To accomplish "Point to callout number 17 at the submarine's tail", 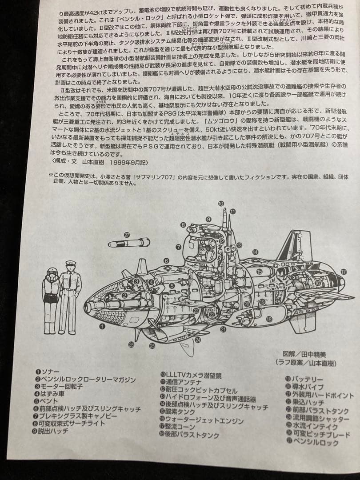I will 343,272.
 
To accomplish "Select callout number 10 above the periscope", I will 221,203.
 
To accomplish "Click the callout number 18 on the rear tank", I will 269,319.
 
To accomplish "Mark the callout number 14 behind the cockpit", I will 255,252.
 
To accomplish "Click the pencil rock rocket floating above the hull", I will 129,243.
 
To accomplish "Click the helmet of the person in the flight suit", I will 52,272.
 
